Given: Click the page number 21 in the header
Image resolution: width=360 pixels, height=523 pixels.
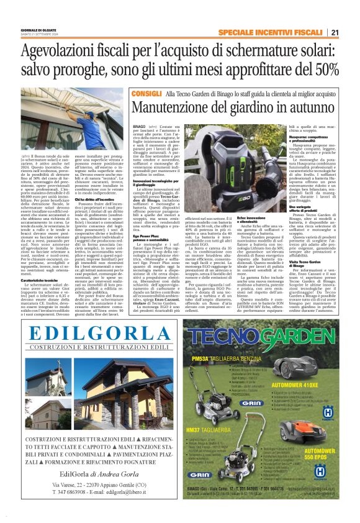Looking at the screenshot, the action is pos(335,32).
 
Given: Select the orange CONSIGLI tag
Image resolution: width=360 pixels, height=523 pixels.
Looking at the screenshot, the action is pos(140,93).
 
